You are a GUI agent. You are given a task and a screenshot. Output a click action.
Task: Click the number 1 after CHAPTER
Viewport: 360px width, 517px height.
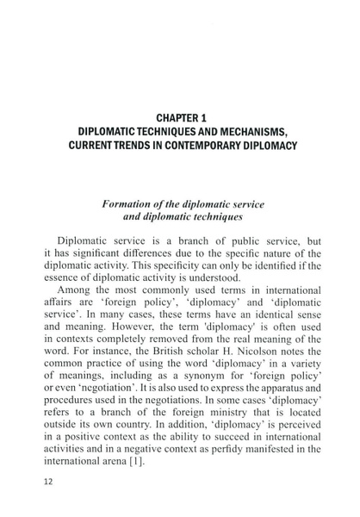pyautogui.click(x=210, y=115)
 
